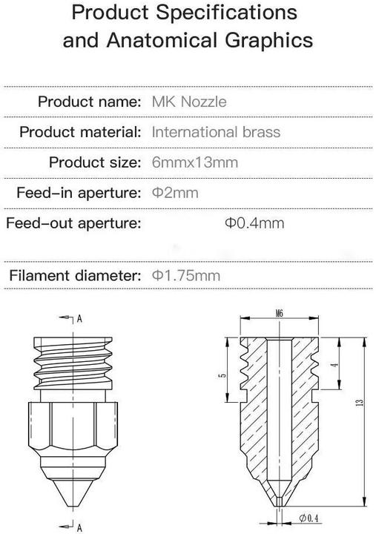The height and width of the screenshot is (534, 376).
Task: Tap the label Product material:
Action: click(80, 132)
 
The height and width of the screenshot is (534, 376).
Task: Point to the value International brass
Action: click(216, 132)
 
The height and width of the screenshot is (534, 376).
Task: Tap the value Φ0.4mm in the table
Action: click(254, 223)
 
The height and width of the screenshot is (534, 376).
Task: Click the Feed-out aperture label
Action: click(73, 223)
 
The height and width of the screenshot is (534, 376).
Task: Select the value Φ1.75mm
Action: click(186, 276)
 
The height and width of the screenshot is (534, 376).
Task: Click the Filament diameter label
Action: click(75, 276)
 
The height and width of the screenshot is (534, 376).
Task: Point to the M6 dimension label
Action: click(279, 314)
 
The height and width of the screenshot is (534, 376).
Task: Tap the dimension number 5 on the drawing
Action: click(222, 377)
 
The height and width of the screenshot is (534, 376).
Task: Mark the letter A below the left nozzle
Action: click(79, 527)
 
